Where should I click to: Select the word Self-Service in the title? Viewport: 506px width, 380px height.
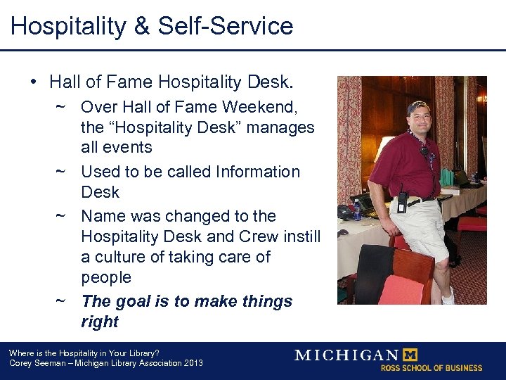point(226,27)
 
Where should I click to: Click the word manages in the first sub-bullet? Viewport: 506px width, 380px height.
point(283,127)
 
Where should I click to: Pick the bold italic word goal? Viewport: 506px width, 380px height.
point(133,302)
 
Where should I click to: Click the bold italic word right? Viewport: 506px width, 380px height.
point(100,322)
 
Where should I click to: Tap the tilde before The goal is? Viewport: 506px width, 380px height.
point(61,302)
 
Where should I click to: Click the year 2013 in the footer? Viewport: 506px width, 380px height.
point(191,363)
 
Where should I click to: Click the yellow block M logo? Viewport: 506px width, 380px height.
point(411,354)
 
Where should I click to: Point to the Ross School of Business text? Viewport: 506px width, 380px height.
point(432,367)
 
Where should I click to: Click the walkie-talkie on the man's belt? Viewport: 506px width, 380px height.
point(403,203)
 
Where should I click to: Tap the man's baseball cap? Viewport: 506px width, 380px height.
point(418,106)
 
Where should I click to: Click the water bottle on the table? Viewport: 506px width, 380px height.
point(358,210)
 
